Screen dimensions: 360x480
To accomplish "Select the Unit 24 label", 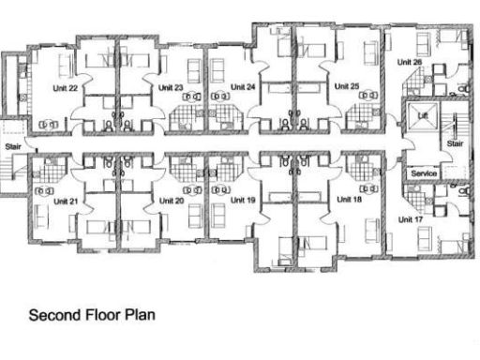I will [244, 86].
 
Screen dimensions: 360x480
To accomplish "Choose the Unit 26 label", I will [410, 63].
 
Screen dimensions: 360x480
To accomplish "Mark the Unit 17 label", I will [411, 219].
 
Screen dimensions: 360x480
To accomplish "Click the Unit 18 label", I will [349, 199].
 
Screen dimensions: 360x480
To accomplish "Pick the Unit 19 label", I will [243, 200].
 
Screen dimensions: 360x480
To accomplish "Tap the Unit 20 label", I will [172, 200].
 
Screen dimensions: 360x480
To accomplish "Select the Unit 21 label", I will [66, 201].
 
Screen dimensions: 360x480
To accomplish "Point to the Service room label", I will [425, 173].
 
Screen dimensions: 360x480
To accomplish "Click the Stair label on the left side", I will [13, 146].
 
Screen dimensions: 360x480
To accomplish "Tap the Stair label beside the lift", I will [455, 144].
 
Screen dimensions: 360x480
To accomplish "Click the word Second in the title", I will [52, 316].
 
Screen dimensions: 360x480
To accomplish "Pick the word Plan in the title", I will [140, 316].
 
